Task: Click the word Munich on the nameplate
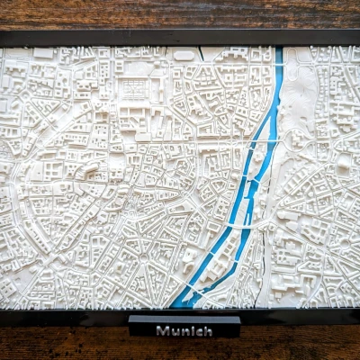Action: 184,330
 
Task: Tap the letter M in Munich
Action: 162,330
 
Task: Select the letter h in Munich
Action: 208,330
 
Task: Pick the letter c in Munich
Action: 198,330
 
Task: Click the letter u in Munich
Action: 173,330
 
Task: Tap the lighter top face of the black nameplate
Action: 184,319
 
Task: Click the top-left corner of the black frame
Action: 3,34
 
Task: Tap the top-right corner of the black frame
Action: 357,34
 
